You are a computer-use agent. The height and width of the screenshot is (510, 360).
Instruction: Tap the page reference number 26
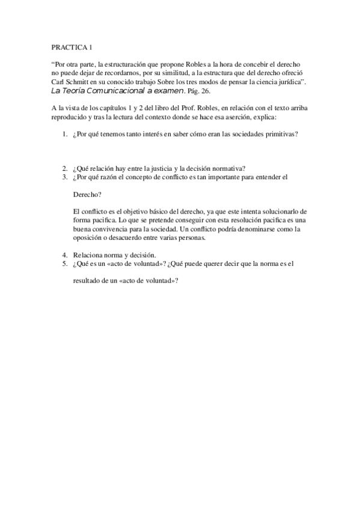click(x=206, y=91)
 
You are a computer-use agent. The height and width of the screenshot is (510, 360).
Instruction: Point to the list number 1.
click(x=64, y=135)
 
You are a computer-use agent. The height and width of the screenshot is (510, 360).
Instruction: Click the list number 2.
click(x=64, y=168)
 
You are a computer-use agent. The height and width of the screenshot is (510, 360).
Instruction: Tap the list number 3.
click(x=64, y=177)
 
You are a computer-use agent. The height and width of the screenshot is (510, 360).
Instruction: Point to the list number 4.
click(x=64, y=255)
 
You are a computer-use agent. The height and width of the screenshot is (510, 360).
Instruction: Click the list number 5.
click(x=64, y=264)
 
